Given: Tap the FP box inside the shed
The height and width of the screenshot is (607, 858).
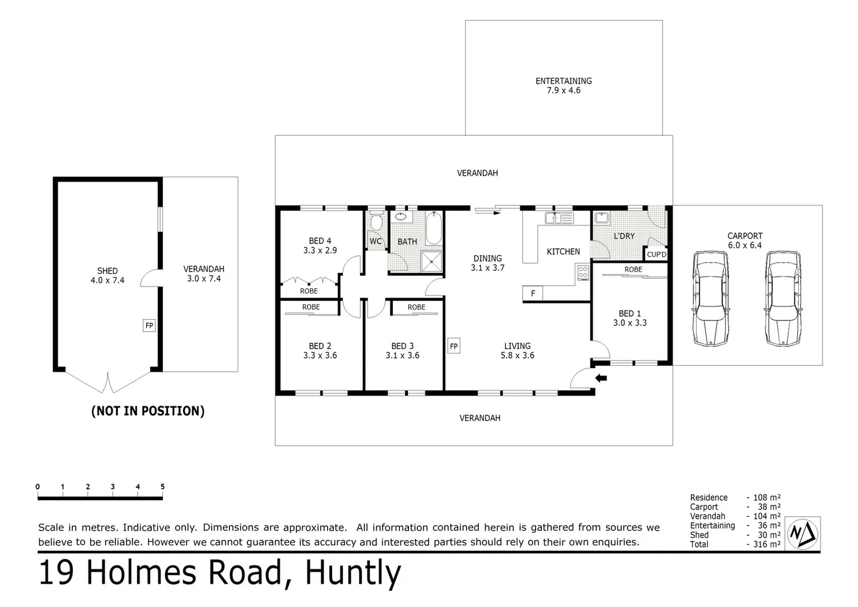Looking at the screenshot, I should click(x=149, y=325).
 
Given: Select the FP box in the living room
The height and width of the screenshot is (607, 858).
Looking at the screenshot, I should click(x=453, y=346).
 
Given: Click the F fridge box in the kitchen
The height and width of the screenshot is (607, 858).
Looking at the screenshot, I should click(x=533, y=293).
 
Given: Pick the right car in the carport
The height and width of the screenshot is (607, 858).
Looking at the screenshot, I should click(x=782, y=298).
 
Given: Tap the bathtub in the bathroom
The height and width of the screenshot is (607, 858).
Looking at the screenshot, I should click(x=433, y=228).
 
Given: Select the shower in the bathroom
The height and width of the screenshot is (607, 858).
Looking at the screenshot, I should click(x=432, y=260).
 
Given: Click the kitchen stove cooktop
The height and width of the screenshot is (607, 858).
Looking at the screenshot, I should click(x=583, y=273).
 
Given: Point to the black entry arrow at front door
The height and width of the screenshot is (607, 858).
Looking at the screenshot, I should click(x=601, y=378).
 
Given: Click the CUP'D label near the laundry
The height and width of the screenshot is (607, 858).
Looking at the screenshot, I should click(x=656, y=255).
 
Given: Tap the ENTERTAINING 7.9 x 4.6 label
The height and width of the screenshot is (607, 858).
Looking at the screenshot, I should click(x=564, y=85).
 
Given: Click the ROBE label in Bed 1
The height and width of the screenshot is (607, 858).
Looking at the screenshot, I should click(x=633, y=270).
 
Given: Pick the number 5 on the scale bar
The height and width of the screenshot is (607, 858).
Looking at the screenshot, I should click(x=162, y=487).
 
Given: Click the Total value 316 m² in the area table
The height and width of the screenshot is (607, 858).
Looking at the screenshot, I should click(x=766, y=544).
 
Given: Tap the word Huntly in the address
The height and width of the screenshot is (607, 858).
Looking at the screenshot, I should click(x=352, y=573).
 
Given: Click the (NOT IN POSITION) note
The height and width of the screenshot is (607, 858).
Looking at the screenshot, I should click(x=148, y=411).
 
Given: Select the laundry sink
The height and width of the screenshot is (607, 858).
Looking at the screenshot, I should click(x=602, y=218).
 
